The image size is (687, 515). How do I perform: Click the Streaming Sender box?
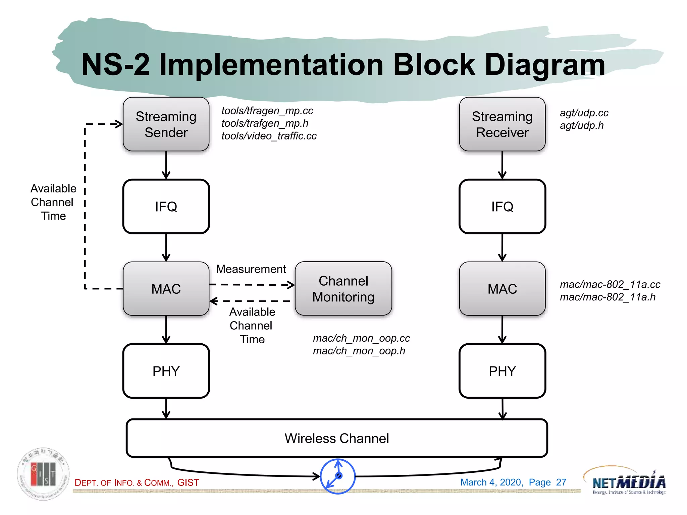(166, 124)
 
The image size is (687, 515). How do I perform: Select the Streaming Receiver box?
(502, 124)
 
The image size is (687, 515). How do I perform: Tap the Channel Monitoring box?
(343, 289)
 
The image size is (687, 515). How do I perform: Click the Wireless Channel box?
(336, 438)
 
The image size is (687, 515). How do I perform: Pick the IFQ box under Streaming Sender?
(166, 207)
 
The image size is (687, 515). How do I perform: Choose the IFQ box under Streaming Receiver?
(502, 207)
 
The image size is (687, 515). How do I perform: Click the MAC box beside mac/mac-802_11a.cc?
(502, 289)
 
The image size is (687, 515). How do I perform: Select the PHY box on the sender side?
(166, 371)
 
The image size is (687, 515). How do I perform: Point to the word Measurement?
(251, 269)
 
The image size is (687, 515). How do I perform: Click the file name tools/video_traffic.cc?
(269, 136)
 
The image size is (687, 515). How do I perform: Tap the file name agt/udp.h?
(581, 125)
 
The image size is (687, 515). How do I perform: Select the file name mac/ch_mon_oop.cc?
(361, 338)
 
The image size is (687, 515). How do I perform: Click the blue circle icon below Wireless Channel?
(337, 476)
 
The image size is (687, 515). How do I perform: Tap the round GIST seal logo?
(43, 473)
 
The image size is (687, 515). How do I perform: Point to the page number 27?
(561, 482)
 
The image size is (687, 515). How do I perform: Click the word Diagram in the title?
(545, 65)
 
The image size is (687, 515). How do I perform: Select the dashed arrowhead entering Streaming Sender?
(117, 124)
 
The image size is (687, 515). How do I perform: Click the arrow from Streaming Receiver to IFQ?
(502, 165)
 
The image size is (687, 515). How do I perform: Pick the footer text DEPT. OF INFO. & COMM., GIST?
(137, 482)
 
